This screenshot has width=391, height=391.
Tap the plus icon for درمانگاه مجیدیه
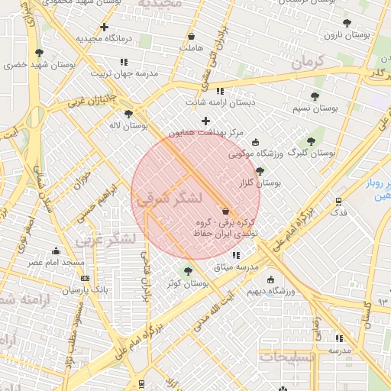coord(104,27)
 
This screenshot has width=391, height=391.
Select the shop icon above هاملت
coord(190,36)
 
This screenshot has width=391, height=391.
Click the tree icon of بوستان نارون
coord(347,23)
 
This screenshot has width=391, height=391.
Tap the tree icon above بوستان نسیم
coord(315,96)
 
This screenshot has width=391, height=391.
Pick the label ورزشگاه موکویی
coord(256,153)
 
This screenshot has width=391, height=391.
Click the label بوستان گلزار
coord(260,183)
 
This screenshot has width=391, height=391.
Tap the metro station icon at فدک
coord(338,201)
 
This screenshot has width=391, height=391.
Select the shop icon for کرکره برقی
coord(225,211)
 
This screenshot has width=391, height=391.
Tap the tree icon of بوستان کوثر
coord(188,271)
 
